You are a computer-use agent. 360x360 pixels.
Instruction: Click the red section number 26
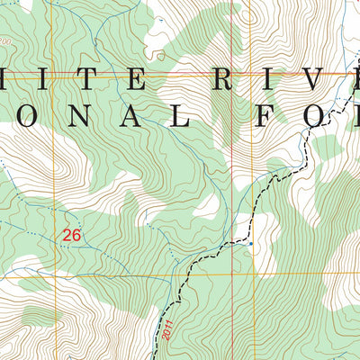coord(71,235)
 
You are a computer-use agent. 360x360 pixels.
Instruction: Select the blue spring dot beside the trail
coord(250,243)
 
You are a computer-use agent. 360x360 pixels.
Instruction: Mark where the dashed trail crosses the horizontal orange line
coord(190,278)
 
